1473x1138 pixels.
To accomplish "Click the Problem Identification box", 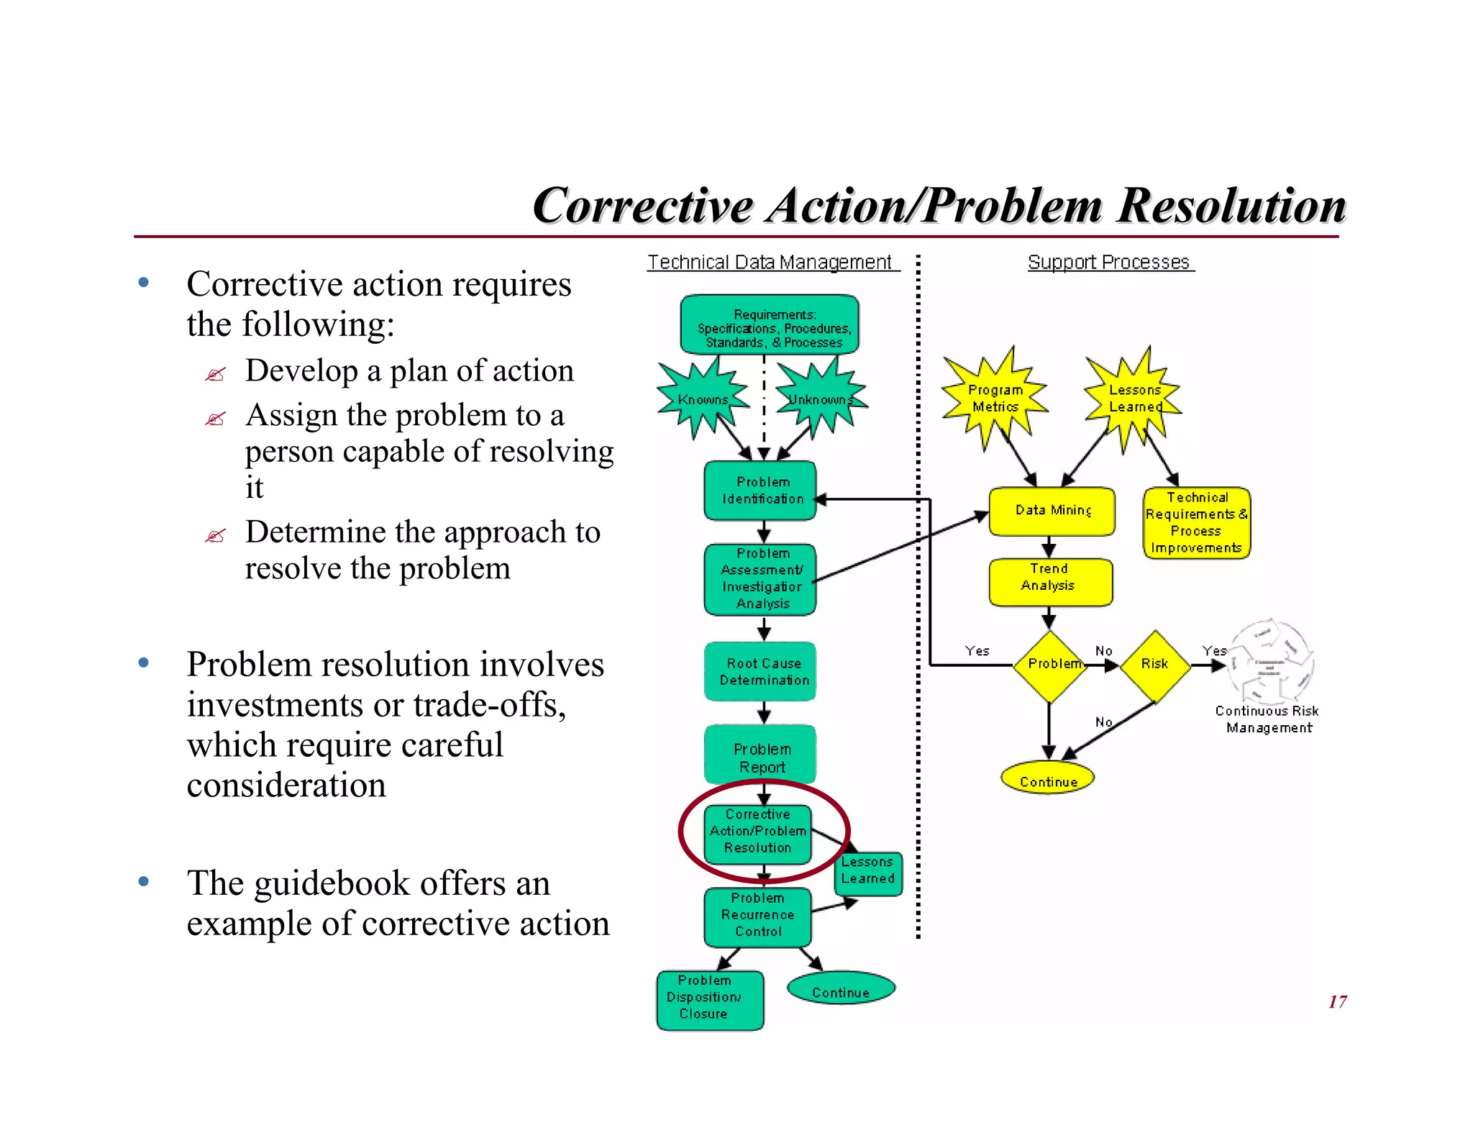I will click(760, 491).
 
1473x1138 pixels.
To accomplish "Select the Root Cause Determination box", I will click(760, 671).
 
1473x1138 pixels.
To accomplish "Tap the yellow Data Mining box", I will click(1052, 511).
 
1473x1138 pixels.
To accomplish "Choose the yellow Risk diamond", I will click(1155, 665).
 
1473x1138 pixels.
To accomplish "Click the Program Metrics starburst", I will click(995, 398).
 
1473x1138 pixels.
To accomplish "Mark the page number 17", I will click(1337, 1001).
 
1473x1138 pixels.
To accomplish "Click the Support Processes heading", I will click(1108, 263).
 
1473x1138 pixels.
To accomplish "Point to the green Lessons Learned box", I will click(868, 872).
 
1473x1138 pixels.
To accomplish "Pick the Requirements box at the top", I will click(770, 325).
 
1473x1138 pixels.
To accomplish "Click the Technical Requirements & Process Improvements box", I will click(1196, 523).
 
